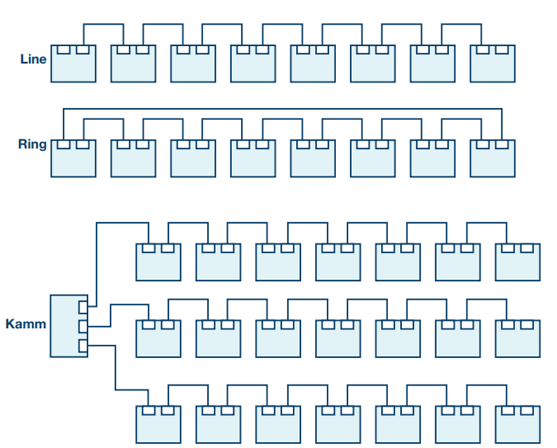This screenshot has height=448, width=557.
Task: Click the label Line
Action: [x=33, y=59]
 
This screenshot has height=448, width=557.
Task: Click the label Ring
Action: [x=32, y=144]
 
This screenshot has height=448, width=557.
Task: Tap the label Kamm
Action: [x=25, y=324]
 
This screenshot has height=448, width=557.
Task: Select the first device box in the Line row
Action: [x=73, y=64]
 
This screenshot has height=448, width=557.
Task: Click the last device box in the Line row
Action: [x=493, y=64]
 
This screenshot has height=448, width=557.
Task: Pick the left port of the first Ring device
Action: [x=64, y=144]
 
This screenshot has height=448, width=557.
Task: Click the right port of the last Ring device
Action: [x=502, y=144]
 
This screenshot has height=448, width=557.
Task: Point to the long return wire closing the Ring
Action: [x=283, y=109]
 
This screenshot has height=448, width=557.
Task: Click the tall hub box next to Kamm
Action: [x=69, y=325]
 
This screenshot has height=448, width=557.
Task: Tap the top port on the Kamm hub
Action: [x=83, y=308]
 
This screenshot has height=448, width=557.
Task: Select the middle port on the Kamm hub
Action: [x=83, y=326]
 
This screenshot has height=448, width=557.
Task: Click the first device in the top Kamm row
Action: [x=158, y=262]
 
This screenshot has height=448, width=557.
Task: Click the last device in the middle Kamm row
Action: [x=518, y=338]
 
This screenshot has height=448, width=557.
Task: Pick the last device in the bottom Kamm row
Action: [x=518, y=424]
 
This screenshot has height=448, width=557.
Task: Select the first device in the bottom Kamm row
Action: [x=158, y=424]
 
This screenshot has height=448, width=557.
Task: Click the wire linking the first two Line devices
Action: [x=103, y=24]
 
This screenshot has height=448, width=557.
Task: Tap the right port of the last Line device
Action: [x=502, y=50]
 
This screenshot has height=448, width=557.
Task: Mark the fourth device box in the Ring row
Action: [x=253, y=158]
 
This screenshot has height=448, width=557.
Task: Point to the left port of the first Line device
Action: [x=64, y=50]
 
